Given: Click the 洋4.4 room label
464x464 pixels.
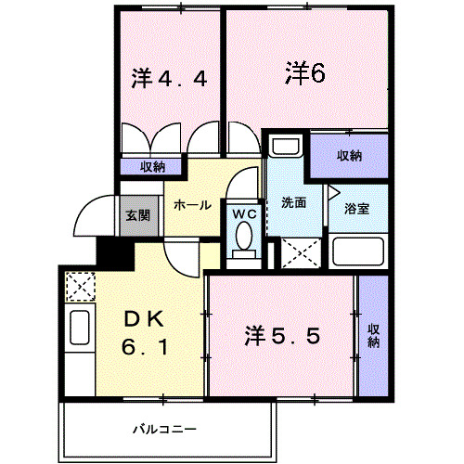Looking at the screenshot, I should click(169, 79).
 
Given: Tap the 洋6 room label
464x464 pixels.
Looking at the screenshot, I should click(304, 72).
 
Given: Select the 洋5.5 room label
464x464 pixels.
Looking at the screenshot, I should click(283, 335).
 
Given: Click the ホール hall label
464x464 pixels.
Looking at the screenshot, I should click(192, 205).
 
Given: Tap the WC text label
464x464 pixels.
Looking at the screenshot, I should click(244, 213).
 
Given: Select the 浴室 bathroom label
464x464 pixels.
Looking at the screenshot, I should click(357, 208).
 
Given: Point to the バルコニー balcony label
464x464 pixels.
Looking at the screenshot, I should click(163, 431).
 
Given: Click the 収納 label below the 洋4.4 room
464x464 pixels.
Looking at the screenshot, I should click(152, 167).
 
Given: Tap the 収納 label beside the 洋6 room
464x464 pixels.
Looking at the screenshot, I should click(349, 155).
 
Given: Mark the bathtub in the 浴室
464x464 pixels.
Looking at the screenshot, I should click(356, 251).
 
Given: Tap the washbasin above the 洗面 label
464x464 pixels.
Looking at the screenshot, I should click(284, 149).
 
